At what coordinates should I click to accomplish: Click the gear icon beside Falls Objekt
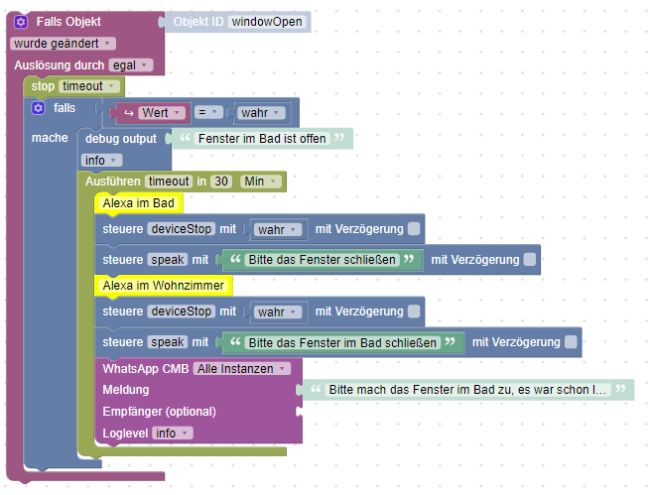(21, 21)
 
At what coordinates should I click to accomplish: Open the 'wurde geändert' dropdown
(63, 43)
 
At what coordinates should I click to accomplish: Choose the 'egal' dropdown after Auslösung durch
(130, 64)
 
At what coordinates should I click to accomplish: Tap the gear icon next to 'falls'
(39, 107)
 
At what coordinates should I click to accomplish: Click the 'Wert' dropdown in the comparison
(159, 112)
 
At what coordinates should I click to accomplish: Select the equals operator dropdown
(206, 112)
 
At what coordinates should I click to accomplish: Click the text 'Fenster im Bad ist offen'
(262, 138)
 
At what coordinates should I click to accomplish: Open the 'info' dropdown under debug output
(101, 160)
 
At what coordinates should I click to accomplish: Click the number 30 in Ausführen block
(222, 182)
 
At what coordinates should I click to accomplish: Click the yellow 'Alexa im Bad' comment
(137, 203)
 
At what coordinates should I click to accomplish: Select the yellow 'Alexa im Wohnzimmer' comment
(163, 286)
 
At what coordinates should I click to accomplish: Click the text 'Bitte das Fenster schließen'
(322, 260)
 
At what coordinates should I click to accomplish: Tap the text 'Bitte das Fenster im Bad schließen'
(342, 342)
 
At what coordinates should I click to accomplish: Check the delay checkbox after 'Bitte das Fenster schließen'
(531, 260)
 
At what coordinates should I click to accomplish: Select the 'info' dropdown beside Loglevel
(172, 433)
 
